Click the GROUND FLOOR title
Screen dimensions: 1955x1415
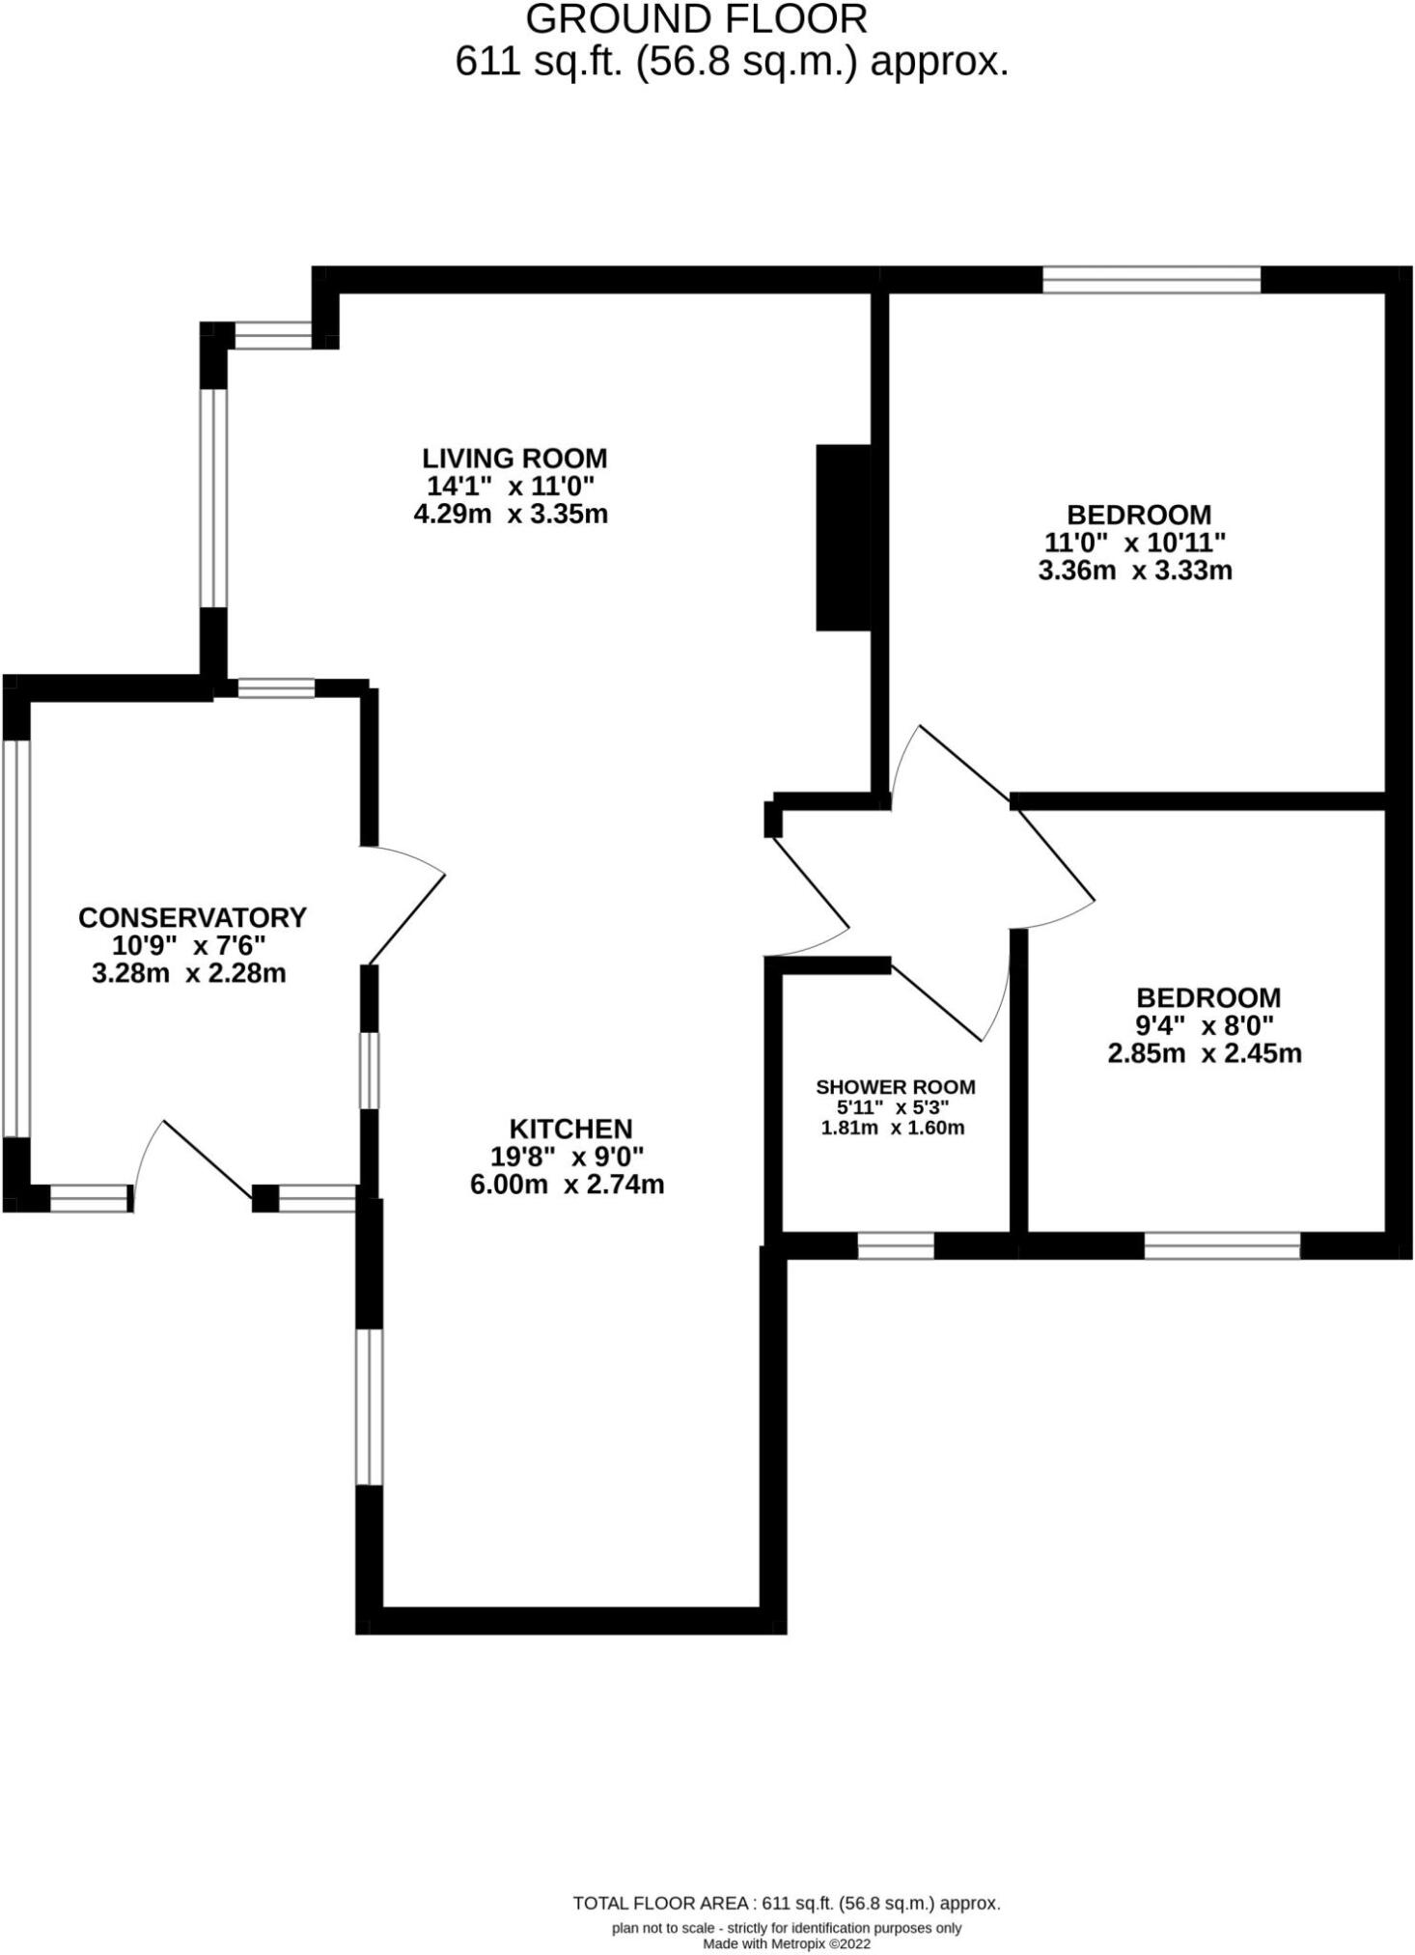click(x=697, y=19)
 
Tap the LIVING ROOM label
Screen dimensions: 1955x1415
click(x=514, y=458)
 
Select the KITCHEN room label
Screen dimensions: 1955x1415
click(x=570, y=1129)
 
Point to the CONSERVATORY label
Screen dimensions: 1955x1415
click(x=192, y=917)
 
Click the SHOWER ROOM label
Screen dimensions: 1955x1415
click(x=895, y=1087)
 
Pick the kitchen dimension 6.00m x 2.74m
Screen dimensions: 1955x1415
click(x=567, y=1184)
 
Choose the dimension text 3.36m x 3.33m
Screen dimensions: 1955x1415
click(x=1134, y=571)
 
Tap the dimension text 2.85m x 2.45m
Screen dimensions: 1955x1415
click(x=1204, y=1053)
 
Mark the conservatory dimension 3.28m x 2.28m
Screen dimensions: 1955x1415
click(x=189, y=973)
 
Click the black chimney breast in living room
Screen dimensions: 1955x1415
click(x=844, y=537)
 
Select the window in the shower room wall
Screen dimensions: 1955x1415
click(x=896, y=1245)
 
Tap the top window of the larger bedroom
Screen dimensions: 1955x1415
click(x=1151, y=280)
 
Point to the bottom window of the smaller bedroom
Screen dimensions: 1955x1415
click(x=1221, y=1245)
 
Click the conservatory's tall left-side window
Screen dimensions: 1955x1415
click(x=17, y=937)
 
